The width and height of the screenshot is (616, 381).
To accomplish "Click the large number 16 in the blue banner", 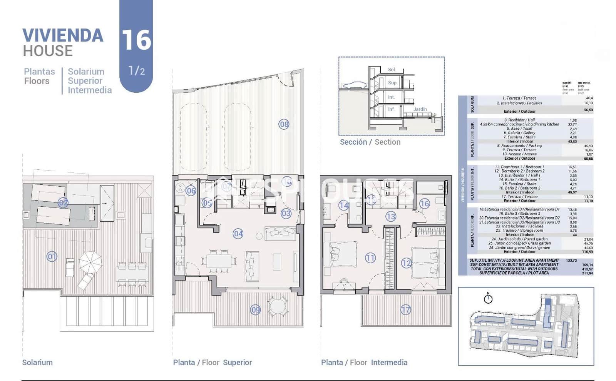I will tap(136, 40).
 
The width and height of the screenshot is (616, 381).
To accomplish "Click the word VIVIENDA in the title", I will tap(63, 35).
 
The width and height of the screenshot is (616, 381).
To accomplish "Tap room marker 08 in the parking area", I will tap(284, 124).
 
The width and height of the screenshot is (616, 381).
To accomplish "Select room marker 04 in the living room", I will tap(238, 234).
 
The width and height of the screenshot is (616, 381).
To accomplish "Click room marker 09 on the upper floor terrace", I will tap(255, 310).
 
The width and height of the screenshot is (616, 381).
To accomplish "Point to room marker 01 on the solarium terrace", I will tap(52, 256).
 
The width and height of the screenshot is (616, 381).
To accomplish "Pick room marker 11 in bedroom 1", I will tap(370, 258).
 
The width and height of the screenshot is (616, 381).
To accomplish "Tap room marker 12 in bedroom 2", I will tap(406, 263).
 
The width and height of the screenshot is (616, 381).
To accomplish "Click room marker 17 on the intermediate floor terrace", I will tap(405, 310).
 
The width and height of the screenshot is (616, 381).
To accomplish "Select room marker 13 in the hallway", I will tap(390, 217).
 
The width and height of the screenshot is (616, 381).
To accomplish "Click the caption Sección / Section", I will tap(370, 142).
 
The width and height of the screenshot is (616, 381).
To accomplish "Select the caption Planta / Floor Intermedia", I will tap(364, 363).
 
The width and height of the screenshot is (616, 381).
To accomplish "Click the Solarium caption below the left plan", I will tap(37, 363).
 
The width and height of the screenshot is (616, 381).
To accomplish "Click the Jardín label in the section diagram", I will tap(420, 109).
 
